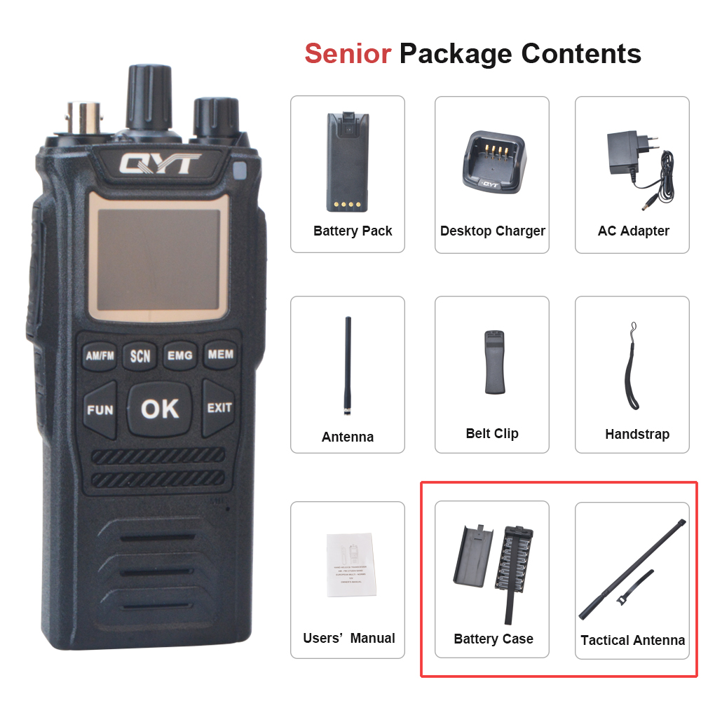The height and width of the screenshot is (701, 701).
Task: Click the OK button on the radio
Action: pos(160,408)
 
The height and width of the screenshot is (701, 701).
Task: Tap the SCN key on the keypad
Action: pos(140,355)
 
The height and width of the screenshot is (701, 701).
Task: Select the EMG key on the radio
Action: pos(179,355)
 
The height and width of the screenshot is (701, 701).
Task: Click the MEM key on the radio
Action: pos(220,355)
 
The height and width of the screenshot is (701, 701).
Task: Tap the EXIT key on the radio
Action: pos(219,407)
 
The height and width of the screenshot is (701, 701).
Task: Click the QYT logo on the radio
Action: pos(160,164)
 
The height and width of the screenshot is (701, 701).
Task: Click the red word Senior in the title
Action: pos(348,53)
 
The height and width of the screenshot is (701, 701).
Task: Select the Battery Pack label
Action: pos(353,231)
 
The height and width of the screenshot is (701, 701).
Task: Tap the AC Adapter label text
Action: pos(633,231)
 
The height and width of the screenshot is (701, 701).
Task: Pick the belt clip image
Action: pos(494,361)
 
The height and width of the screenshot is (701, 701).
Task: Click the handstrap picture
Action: pos(634,366)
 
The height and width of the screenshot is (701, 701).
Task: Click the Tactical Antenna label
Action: pos(632,640)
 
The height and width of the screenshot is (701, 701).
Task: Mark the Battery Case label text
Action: pos(494,639)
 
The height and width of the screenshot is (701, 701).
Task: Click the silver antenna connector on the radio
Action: pos(83,117)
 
